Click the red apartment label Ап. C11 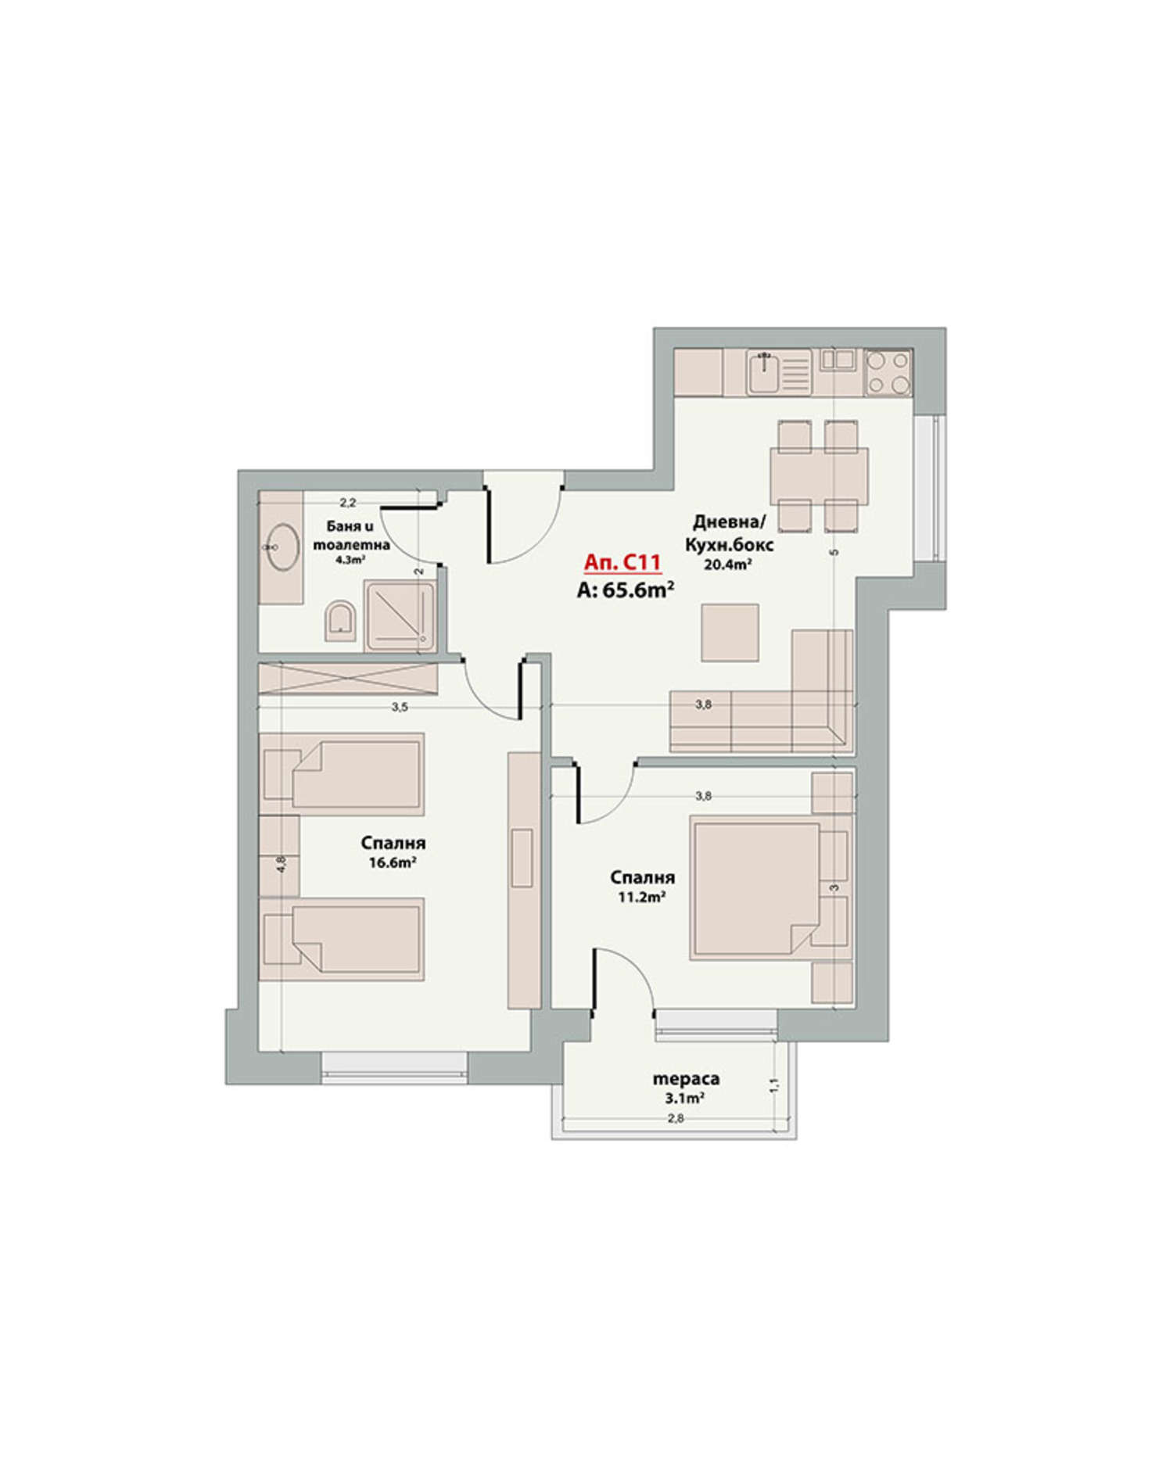(x=623, y=563)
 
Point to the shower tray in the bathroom (x=400, y=615)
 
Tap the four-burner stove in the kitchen (x=888, y=372)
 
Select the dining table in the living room (x=819, y=476)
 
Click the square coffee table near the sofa (x=730, y=633)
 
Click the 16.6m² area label (x=393, y=863)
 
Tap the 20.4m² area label (x=728, y=565)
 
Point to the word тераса (x=686, y=1080)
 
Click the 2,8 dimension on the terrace (x=676, y=1118)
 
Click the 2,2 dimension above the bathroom (x=348, y=503)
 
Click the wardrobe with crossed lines (x=348, y=677)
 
